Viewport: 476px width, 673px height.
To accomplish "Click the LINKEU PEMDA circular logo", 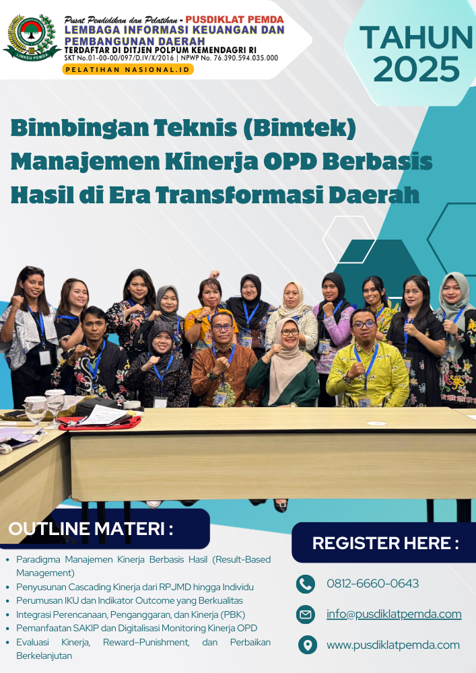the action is point(32,38).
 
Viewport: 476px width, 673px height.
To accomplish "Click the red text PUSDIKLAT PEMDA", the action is point(234,20).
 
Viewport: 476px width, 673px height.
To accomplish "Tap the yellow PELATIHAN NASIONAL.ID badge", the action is point(128,69).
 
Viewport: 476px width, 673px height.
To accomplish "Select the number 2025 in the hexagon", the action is point(416,69).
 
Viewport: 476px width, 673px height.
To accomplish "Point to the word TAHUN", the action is point(416,37).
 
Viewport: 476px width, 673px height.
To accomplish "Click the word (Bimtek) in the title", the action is point(300,128).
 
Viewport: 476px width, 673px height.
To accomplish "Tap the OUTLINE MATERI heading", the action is point(91,529).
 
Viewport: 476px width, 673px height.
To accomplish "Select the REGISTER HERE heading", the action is point(385,543).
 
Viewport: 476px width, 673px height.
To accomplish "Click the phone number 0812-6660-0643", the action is point(372,583).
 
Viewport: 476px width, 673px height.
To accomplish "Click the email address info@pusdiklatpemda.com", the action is point(394,614).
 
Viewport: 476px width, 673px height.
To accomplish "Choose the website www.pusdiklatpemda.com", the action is point(393,645).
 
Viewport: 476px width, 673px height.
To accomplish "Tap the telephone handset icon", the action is point(306,584).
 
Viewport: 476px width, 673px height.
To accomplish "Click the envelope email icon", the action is point(306,614).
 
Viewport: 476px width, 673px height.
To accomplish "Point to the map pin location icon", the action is point(307,645).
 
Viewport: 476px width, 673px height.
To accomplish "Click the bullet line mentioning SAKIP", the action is point(137,629).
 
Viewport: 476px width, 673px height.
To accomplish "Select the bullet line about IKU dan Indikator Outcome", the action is point(130,600).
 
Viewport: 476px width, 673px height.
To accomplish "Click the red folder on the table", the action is point(100,423).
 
